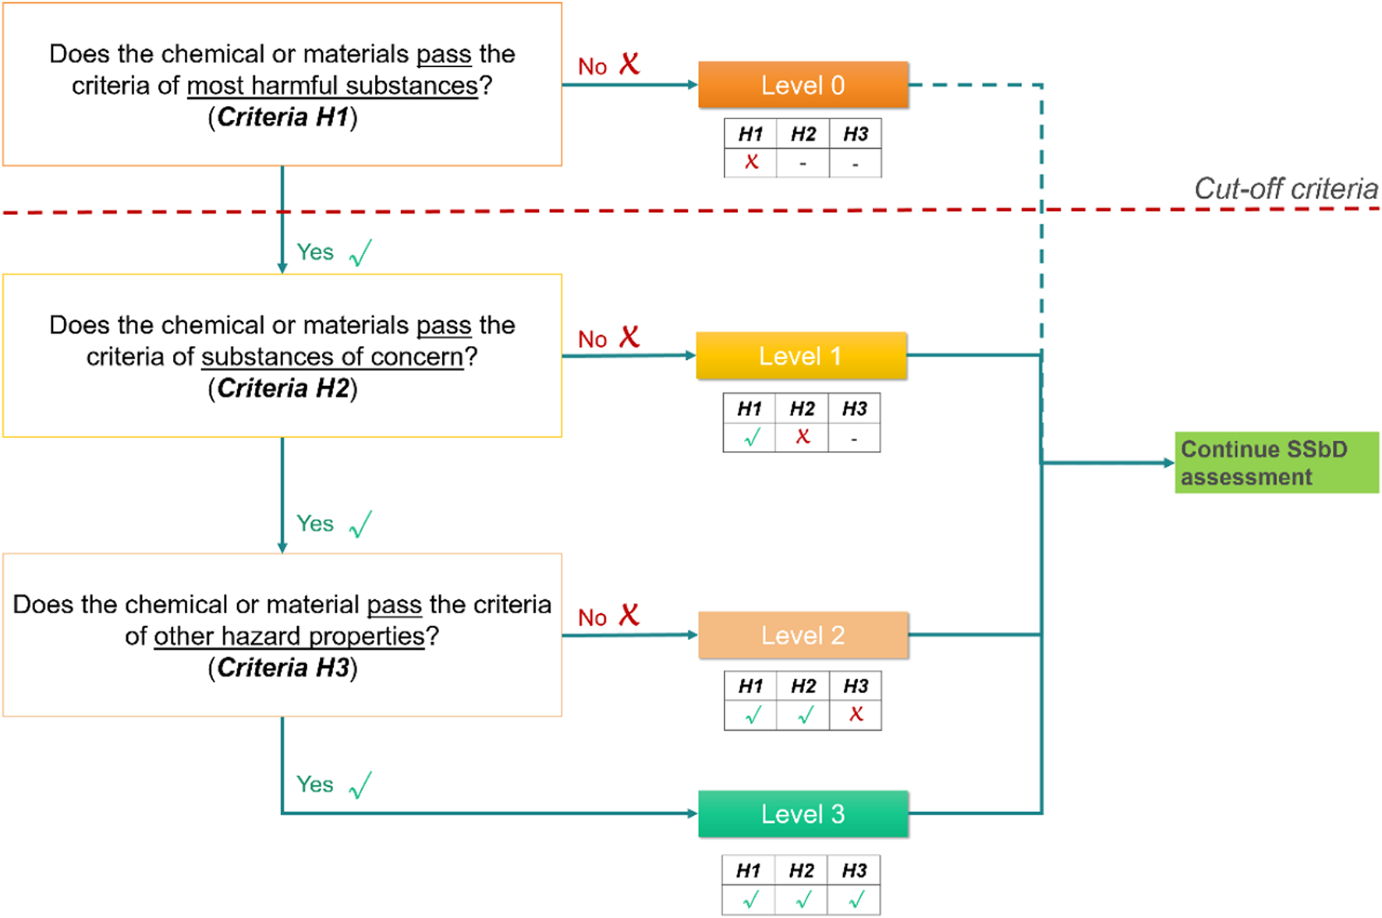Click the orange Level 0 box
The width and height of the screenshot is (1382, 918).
[803, 85]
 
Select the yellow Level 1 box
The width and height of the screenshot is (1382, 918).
[801, 356]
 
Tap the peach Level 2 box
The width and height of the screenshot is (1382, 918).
[803, 635]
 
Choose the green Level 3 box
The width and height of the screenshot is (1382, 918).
[803, 814]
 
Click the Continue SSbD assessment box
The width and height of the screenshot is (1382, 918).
[1276, 463]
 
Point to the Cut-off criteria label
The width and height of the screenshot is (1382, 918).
[1285, 189]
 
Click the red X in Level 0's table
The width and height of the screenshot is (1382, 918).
[751, 162]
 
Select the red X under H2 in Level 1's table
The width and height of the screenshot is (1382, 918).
[803, 437]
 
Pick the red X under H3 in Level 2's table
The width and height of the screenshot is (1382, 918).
[856, 714]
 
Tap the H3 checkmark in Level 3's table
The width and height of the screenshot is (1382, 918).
[856, 900]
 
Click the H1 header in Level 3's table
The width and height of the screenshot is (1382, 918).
[748, 870]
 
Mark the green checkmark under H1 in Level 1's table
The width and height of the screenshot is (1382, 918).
[751, 438]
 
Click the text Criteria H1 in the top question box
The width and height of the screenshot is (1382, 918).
[282, 118]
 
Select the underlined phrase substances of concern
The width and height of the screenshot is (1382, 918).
[332, 357]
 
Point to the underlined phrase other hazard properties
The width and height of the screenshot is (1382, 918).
[289, 636]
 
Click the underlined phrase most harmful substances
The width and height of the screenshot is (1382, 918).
[332, 86]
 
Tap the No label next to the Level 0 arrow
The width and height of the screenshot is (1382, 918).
[593, 67]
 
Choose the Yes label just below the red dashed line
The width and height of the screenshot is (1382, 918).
[315, 252]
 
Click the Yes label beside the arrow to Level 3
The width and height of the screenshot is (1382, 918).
[315, 784]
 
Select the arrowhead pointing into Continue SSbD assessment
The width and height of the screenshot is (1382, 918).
[1168, 463]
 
